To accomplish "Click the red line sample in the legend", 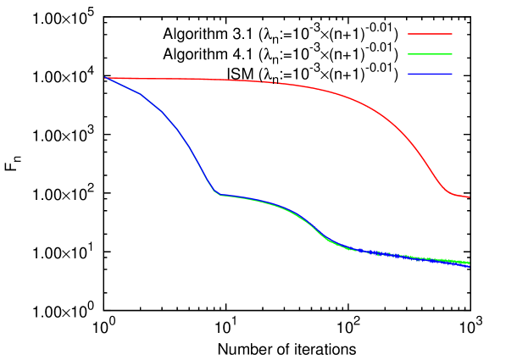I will click(x=430, y=34).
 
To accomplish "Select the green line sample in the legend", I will click(x=430, y=54).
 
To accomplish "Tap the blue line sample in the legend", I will click(x=430, y=75).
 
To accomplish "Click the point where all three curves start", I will click(x=105, y=78).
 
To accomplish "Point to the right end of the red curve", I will click(x=470, y=197).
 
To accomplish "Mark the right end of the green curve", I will click(x=469, y=263).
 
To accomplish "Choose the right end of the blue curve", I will click(x=470, y=266).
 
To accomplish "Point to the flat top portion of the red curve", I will click(x=212, y=79).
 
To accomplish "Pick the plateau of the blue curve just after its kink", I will click(x=246, y=198).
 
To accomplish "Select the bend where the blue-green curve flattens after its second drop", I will click(x=343, y=246).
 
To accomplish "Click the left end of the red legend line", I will click(x=409, y=34).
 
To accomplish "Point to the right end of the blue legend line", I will click(x=452, y=75).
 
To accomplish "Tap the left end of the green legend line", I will click(x=409, y=54).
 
